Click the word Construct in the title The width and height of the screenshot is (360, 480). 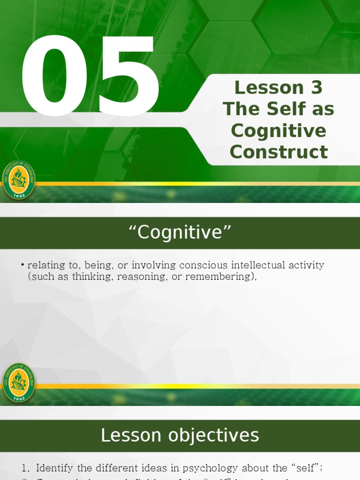click(x=278, y=152)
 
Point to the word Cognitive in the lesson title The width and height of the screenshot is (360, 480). click(x=278, y=130)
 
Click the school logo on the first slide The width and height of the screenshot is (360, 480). click(x=19, y=180)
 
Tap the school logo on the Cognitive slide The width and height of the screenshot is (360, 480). click(x=19, y=382)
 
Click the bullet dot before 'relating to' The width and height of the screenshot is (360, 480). click(x=22, y=265)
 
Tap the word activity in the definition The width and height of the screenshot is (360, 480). click(x=307, y=265)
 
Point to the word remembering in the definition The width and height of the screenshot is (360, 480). click(x=220, y=277)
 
